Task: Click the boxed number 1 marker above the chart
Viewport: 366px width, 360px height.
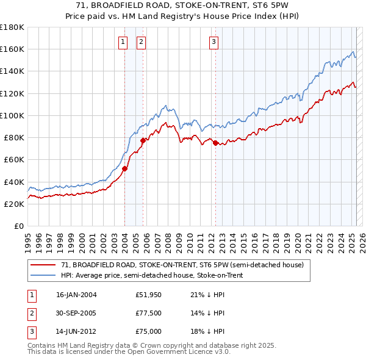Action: [123, 42]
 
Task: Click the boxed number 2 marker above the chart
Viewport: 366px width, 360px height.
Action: [141, 42]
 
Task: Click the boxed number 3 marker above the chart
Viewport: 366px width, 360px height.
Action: [214, 42]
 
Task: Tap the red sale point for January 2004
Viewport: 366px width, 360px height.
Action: [124, 168]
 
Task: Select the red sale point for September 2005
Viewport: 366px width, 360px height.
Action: [143, 140]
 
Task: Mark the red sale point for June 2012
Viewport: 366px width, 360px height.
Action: [215, 143]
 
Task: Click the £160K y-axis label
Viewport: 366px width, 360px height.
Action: [12, 49]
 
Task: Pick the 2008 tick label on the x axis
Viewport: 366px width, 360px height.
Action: [167, 239]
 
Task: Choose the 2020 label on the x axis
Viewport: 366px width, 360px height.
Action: [296, 239]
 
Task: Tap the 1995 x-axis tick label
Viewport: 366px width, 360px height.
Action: [27, 239]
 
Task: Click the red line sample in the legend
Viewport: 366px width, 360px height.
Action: [43, 265]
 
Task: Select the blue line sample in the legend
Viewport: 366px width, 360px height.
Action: [43, 275]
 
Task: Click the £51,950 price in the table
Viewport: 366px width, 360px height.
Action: [149, 295]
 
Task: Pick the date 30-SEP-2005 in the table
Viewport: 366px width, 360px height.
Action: [76, 313]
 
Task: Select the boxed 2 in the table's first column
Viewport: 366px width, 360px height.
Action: [30, 313]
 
